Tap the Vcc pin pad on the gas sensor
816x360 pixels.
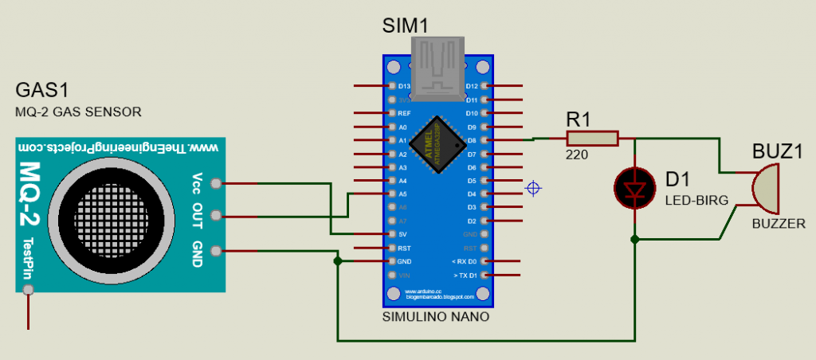[216, 184]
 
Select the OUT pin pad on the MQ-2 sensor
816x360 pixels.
[216, 215]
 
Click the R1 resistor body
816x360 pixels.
[592, 139]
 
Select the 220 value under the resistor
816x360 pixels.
[577, 155]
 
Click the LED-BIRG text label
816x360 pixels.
[696, 202]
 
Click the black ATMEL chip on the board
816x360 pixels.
[438, 145]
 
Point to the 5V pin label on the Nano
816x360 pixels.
[403, 234]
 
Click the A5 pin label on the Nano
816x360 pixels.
[403, 194]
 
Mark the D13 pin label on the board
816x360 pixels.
[404, 86]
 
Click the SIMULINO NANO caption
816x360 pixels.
[437, 317]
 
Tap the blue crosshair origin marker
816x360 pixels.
[534, 188]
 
